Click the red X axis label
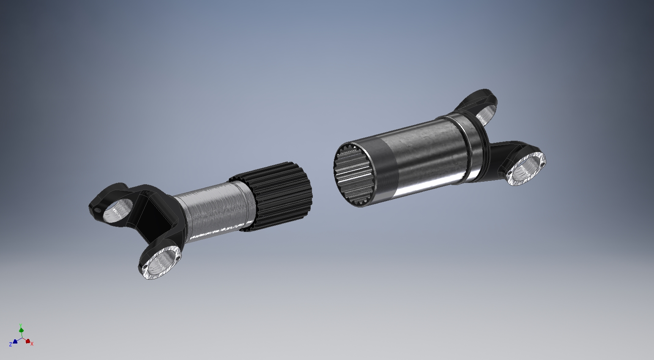[x=32, y=344]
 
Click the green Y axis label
[x=20, y=325]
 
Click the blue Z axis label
[x=11, y=344]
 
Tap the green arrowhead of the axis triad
[x=21, y=330]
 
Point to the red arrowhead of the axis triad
[x=28, y=341]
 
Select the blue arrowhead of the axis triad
[x=15, y=341]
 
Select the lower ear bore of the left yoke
[x=161, y=262]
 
